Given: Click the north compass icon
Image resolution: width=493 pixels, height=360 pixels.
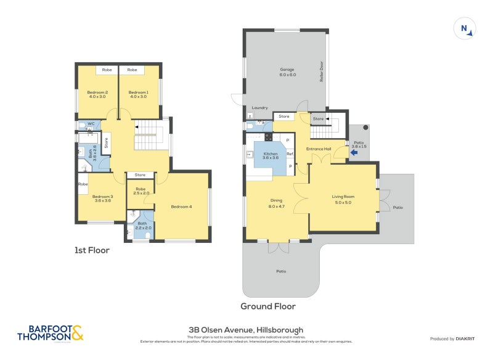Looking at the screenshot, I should click(x=466, y=28).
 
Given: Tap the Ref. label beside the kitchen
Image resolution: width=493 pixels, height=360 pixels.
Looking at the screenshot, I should click(x=289, y=153).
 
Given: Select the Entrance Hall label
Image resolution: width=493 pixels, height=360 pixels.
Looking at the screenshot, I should click(x=319, y=149).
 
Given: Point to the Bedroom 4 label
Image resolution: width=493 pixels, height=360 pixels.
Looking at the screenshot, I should click(x=181, y=206).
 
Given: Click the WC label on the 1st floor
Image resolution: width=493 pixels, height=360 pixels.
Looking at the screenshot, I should click(x=90, y=124).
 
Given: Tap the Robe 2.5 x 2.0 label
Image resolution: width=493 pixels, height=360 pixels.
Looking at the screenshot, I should click(x=141, y=191).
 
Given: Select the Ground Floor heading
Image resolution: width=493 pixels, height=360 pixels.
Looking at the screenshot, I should click(x=267, y=306).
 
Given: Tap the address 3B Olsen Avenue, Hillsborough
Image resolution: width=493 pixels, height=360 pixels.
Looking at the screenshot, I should click(x=246, y=330).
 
